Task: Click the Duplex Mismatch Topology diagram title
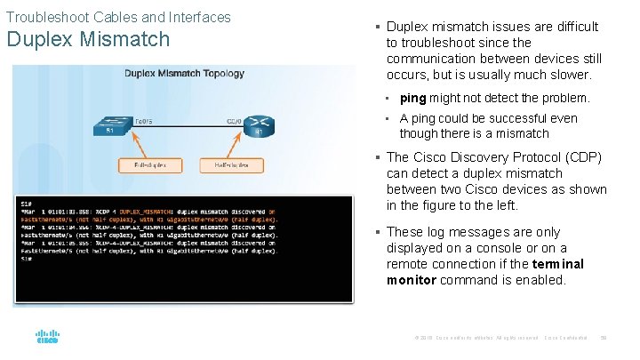185,74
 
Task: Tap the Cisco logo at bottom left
47,337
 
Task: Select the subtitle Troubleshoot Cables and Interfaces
118,17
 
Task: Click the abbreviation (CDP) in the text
580,157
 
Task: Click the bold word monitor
412,280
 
